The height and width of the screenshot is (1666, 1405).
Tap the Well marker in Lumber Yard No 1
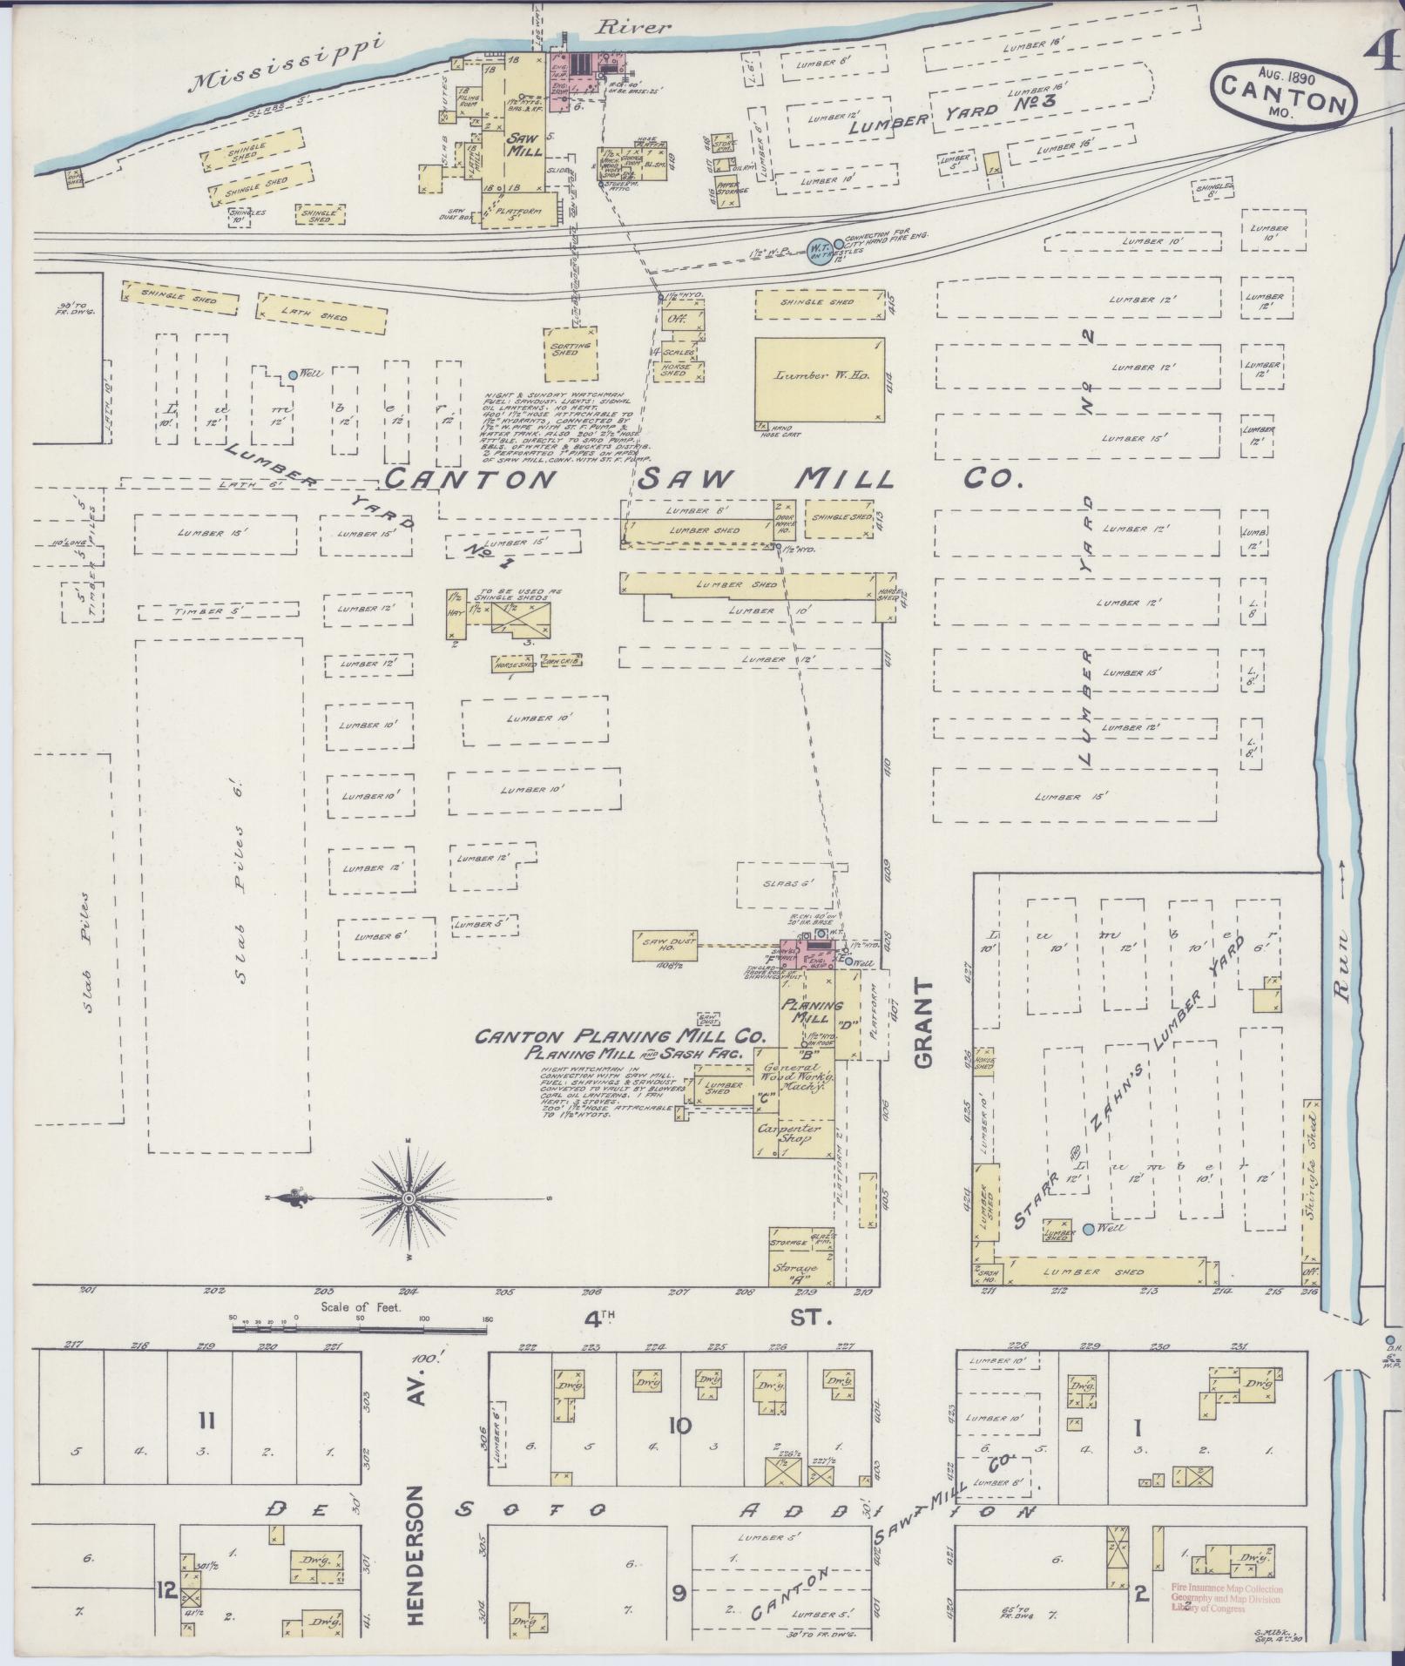293,375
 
